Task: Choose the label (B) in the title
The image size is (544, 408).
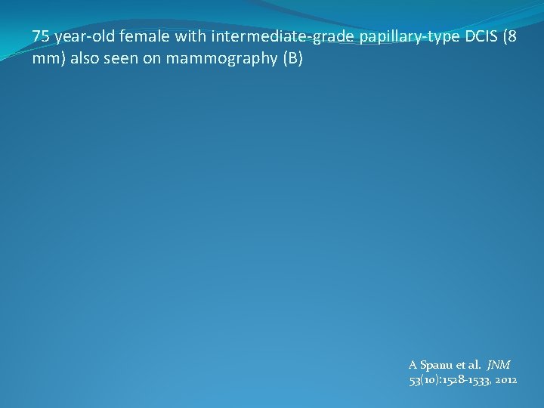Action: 292,59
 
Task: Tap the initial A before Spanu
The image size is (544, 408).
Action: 413,365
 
